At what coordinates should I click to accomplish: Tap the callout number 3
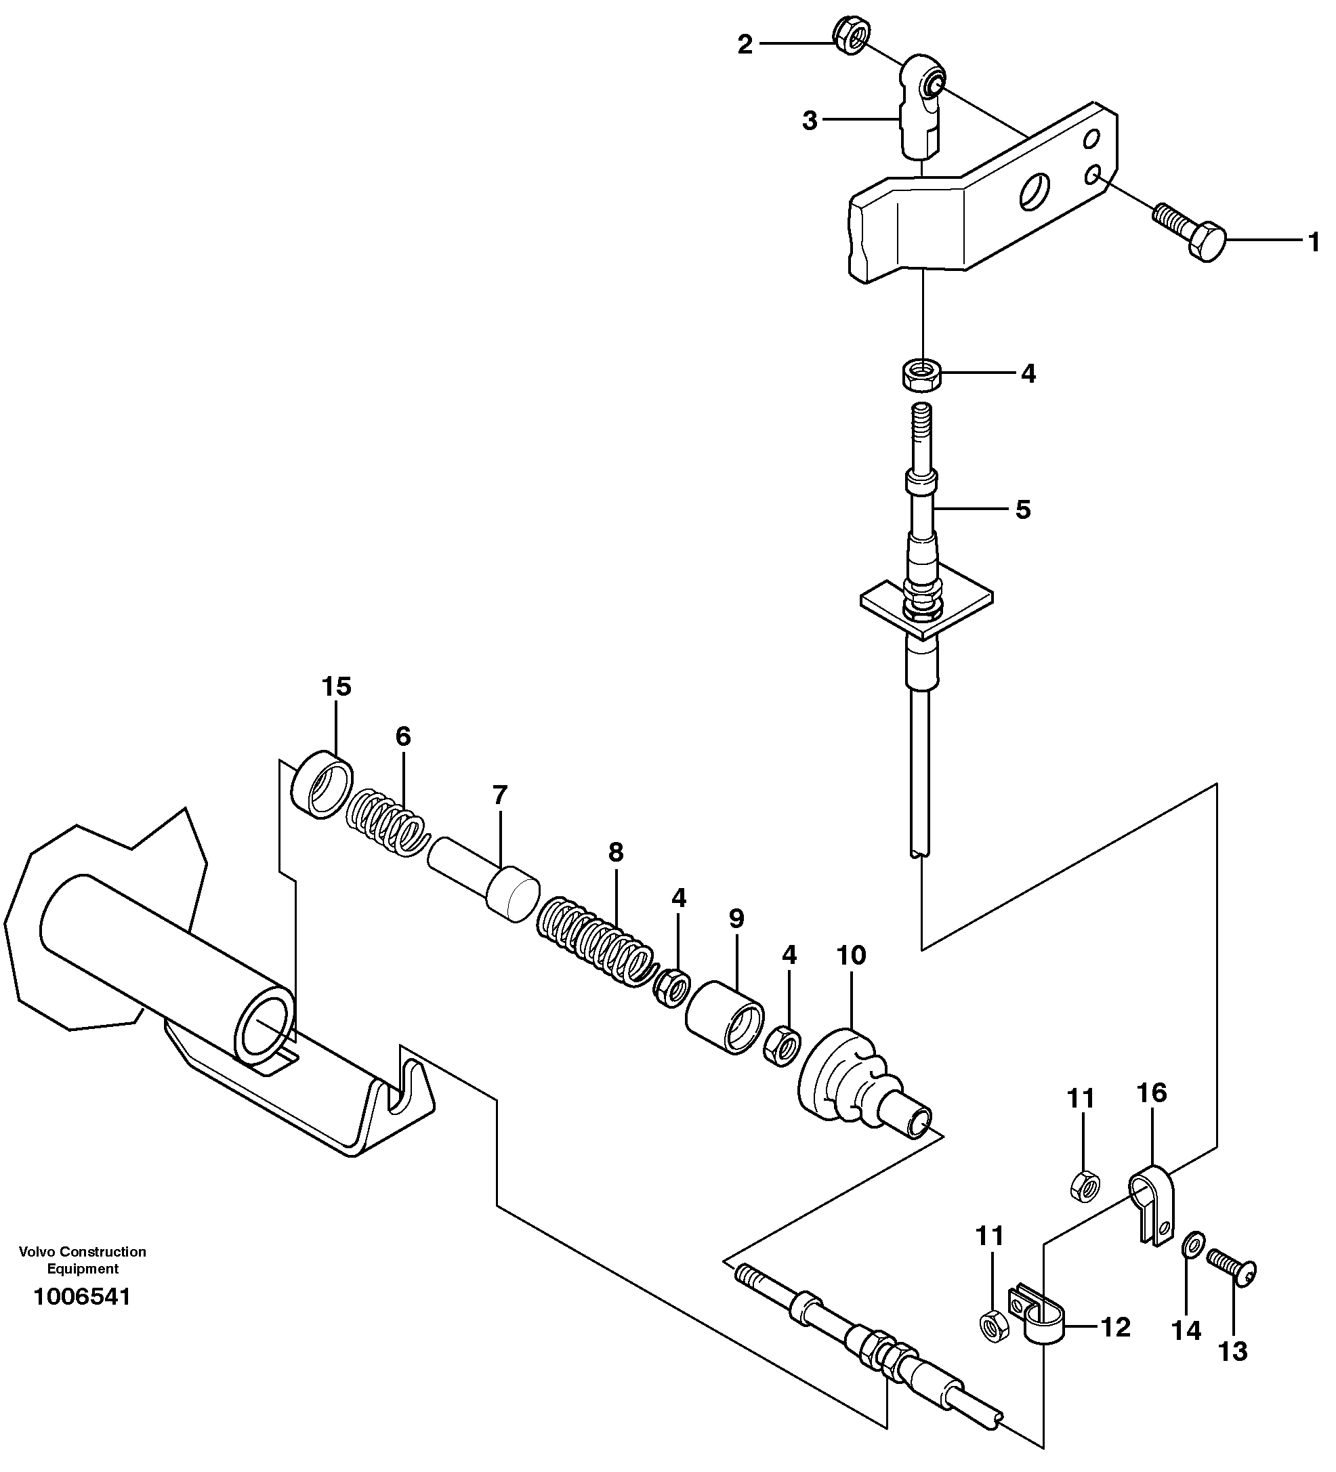tap(809, 121)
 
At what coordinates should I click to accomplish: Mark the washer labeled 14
tap(1193, 1244)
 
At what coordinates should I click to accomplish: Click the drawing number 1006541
tap(82, 1297)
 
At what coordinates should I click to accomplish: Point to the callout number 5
tap(1023, 509)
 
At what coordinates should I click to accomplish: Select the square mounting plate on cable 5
tap(925, 607)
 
